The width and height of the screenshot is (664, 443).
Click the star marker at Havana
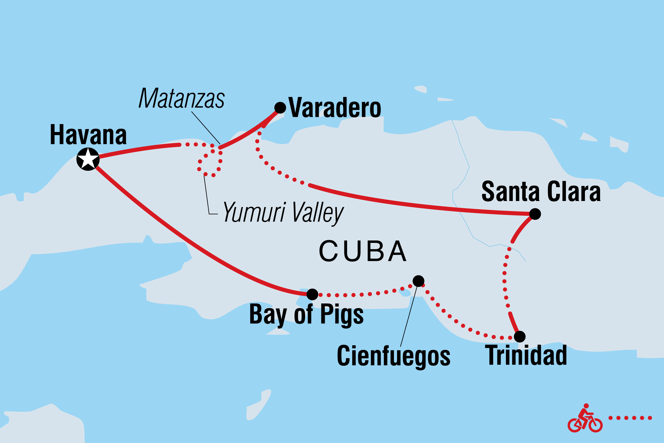pyautogui.click(x=88, y=159)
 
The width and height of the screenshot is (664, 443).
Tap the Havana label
pyautogui.click(x=88, y=135)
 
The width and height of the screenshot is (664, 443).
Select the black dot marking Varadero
pyautogui.click(x=280, y=108)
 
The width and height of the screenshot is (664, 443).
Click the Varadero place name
pyautogui.click(x=335, y=108)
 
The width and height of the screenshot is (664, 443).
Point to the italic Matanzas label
pyautogui.click(x=181, y=99)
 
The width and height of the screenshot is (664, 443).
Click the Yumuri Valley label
pyautogui.click(x=283, y=213)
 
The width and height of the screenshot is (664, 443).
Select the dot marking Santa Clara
pyautogui.click(x=535, y=214)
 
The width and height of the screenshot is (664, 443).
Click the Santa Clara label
pyautogui.click(x=541, y=192)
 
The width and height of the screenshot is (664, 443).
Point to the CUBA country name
pyautogui.click(x=362, y=251)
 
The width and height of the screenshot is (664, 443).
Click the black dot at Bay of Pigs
pyautogui.click(x=312, y=294)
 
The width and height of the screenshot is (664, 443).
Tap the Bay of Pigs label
pyautogui.click(x=306, y=315)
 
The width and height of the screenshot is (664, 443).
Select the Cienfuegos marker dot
pyautogui.click(x=418, y=281)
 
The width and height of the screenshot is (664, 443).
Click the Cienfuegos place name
pyautogui.click(x=393, y=356)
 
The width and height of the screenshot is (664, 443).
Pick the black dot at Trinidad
pyautogui.click(x=519, y=337)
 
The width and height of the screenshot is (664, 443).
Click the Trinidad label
pyautogui.click(x=526, y=356)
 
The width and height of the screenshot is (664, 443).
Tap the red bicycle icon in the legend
pyautogui.click(x=585, y=419)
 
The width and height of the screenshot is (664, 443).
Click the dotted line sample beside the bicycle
pyautogui.click(x=630, y=418)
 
